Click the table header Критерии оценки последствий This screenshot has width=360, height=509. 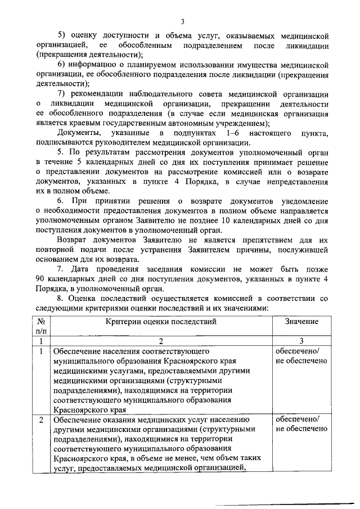[160, 321]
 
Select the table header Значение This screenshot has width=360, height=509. [301, 321]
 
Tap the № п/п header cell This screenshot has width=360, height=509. [42, 326]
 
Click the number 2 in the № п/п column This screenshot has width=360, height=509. [42, 420]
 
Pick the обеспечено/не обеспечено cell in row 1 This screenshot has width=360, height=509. [301, 356]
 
